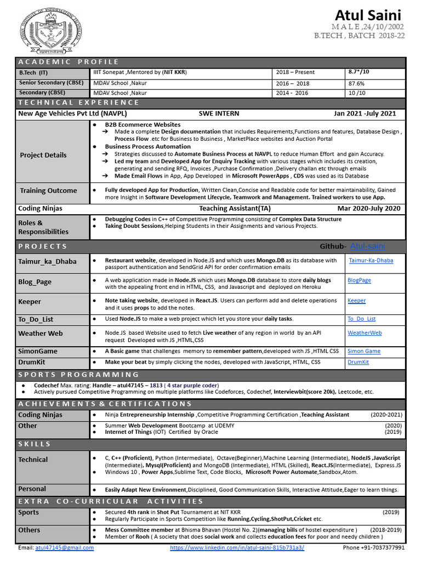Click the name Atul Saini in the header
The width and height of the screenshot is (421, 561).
[368, 15]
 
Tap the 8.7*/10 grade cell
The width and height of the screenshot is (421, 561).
[359, 72]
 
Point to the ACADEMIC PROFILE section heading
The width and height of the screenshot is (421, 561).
[69, 61]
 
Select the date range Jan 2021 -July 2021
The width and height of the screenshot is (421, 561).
[365, 114]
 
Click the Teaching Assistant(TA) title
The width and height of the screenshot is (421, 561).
[235, 208]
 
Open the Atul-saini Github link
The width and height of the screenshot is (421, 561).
[369, 246]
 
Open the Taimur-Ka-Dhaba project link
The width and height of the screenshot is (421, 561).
[371, 260]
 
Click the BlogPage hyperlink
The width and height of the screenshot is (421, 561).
[359, 280]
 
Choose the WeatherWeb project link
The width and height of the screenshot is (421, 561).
[365, 333]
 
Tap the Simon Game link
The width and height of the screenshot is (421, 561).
[363, 351]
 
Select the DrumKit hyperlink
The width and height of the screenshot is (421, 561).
[358, 362]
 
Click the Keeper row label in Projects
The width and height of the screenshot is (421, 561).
[30, 301]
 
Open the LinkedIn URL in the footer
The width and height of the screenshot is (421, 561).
[237, 547]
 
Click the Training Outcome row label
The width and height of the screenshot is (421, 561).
[48, 191]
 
